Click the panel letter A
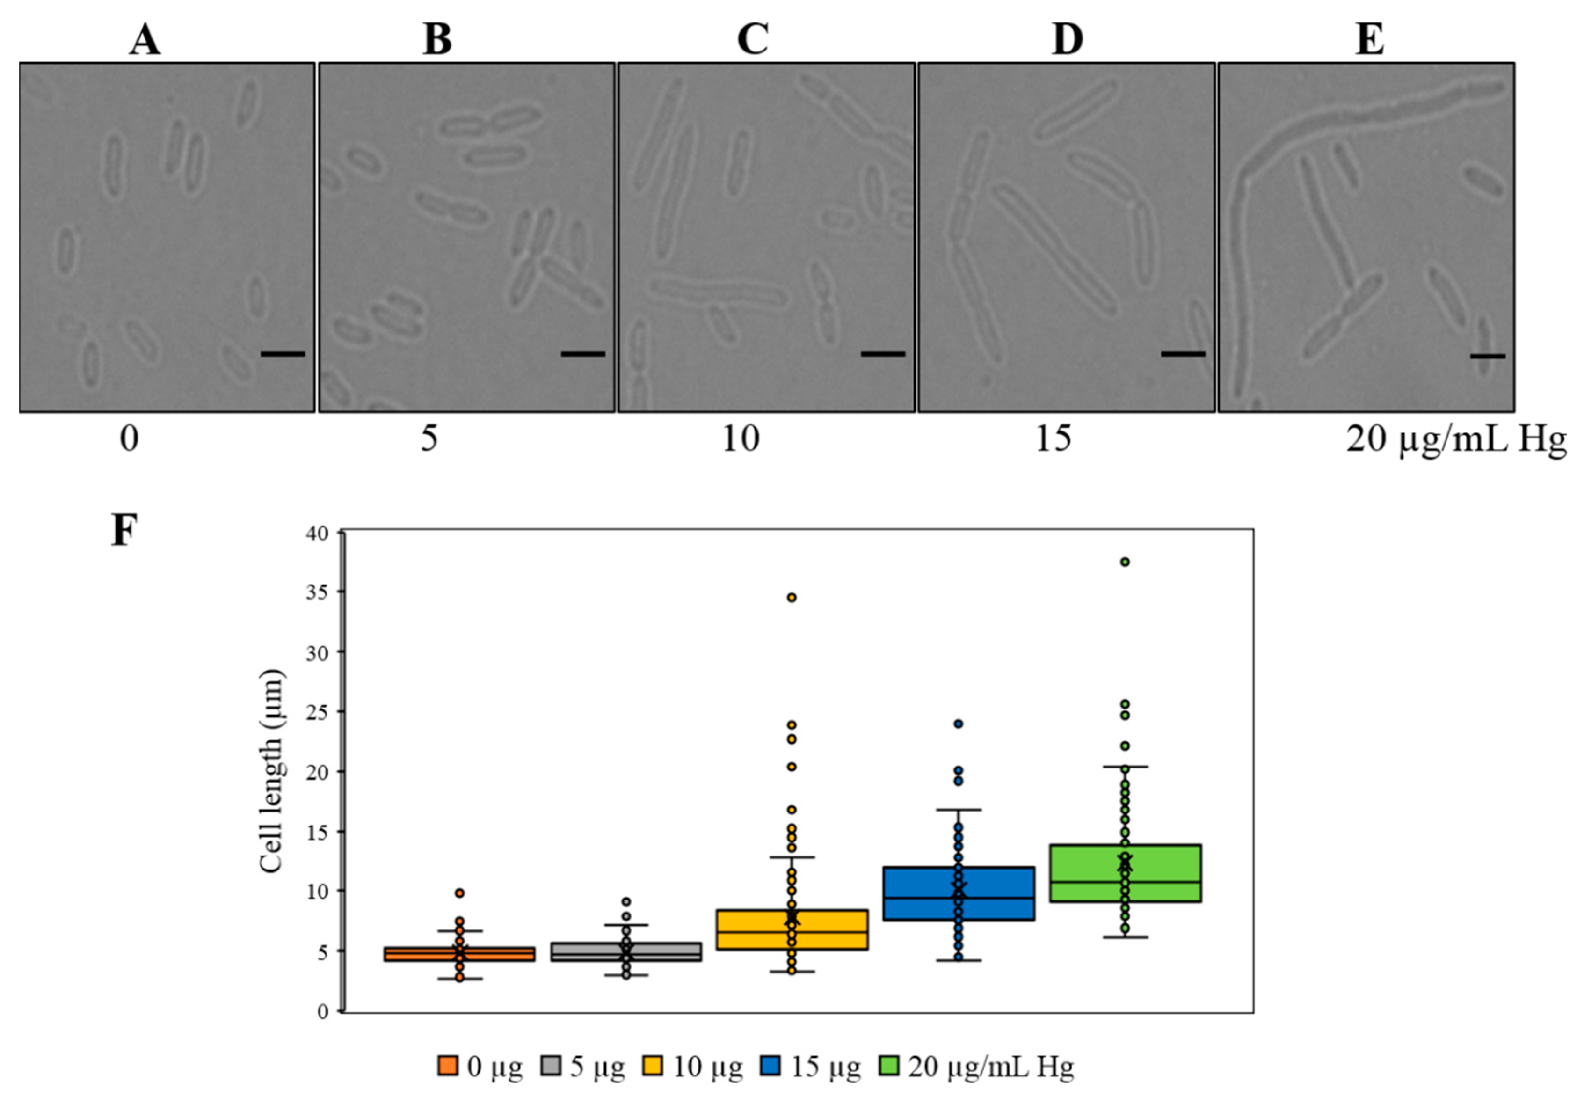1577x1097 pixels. pos(145,40)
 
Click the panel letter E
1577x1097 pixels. pos(1370,40)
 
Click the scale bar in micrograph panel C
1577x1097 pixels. pos(883,354)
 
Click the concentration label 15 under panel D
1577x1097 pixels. pos(1053,438)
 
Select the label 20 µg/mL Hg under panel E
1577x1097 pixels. pos(1456,438)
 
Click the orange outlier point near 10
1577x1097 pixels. pos(459,893)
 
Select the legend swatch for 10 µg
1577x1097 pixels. pos(653,1067)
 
